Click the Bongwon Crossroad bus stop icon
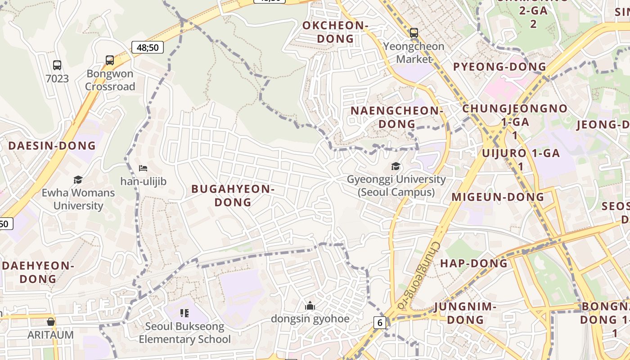tap(110, 60)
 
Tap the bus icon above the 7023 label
tap(57, 65)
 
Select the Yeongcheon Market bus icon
tap(414, 32)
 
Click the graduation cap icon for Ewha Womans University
tap(78, 180)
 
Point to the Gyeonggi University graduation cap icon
tap(396, 166)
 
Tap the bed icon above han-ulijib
tap(143, 168)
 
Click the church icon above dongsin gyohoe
tap(310, 306)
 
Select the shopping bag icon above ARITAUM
tap(51, 322)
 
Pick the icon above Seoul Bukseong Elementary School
tap(184, 313)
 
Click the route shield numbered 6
tap(380, 322)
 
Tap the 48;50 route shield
tap(148, 47)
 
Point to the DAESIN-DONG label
tap(52, 146)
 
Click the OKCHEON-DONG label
tap(335, 32)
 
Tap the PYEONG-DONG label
tap(499, 67)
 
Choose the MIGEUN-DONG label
tap(498, 197)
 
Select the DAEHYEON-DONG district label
tap(38, 272)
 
